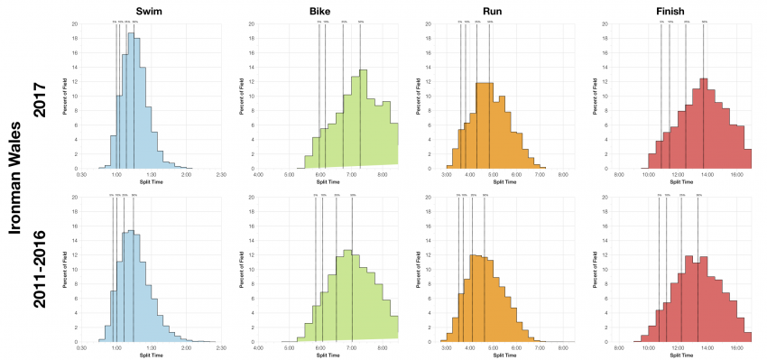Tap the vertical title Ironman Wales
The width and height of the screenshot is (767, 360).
click(x=14, y=180)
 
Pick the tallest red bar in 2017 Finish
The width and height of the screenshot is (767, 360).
click(x=703, y=123)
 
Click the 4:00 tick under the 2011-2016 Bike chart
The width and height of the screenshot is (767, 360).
click(x=258, y=347)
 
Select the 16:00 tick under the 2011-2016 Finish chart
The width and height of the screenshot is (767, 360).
click(x=736, y=347)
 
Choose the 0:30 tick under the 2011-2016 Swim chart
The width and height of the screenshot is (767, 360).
click(x=81, y=347)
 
